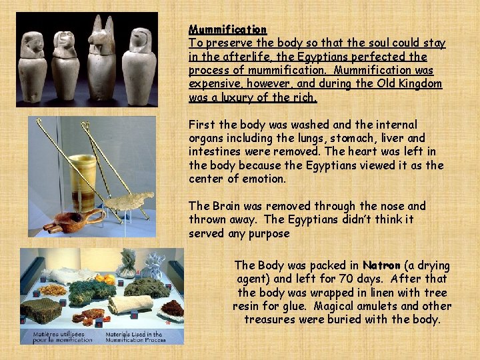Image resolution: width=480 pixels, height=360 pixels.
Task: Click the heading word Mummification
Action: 227,29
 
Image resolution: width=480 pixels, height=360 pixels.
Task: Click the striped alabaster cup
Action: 83,183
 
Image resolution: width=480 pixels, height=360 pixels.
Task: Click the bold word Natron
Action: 383,265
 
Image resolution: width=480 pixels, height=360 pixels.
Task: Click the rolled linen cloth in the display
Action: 131,305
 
